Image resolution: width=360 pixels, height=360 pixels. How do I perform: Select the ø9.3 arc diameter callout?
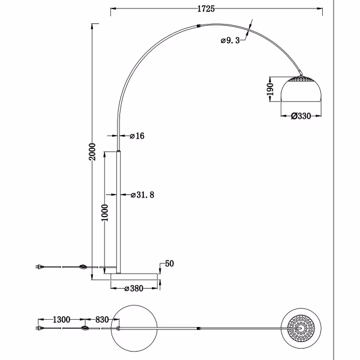point(230,40)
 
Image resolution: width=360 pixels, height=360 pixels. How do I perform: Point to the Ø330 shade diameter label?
point(300,116)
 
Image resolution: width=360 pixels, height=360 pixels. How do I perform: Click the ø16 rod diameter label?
point(137,136)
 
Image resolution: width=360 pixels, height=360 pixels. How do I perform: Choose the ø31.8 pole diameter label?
point(144,195)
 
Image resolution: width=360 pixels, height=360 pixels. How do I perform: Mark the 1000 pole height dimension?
point(105,213)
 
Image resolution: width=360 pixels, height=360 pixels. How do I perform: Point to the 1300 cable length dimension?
point(62,320)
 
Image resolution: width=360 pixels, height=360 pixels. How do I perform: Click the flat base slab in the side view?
point(136,275)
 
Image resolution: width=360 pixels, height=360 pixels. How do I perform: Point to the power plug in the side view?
point(40,267)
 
